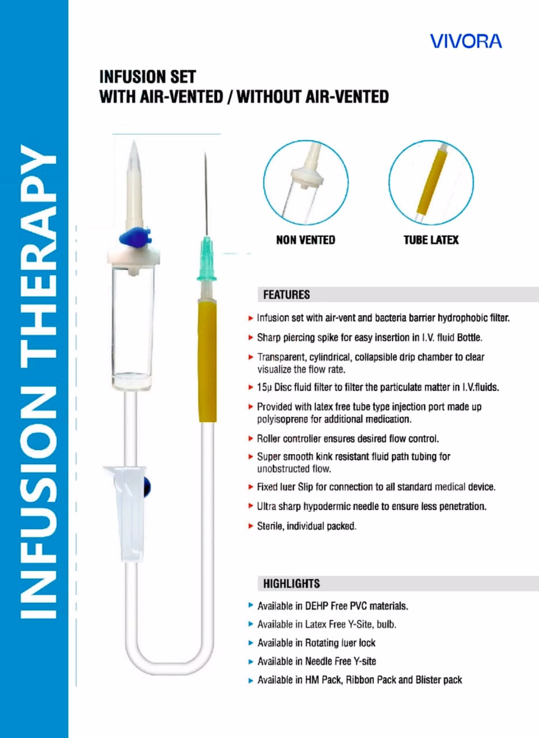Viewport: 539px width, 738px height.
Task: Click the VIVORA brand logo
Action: (x=466, y=41)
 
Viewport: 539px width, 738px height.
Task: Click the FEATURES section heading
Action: (x=286, y=295)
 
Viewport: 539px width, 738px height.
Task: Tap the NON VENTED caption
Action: (x=306, y=240)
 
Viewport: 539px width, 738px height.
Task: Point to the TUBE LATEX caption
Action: (x=431, y=240)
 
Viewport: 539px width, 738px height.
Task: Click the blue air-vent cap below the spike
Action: (x=135, y=237)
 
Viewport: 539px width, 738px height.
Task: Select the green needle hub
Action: (x=207, y=259)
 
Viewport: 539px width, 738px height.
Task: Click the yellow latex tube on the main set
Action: (x=207, y=361)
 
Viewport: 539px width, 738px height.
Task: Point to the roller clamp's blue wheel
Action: (x=147, y=488)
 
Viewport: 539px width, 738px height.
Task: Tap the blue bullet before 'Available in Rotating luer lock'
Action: (x=250, y=643)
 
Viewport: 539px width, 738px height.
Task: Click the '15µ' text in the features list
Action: (x=264, y=387)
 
